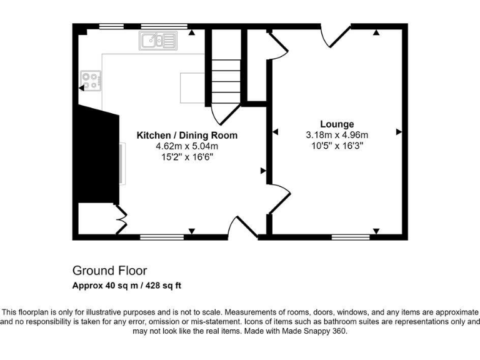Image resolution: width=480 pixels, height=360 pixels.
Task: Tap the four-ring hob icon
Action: tap(90, 80)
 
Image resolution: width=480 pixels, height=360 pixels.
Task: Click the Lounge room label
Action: tap(337, 124)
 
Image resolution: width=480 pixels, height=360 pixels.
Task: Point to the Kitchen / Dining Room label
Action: tap(187, 135)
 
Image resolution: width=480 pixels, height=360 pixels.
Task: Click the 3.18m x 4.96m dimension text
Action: tap(337, 134)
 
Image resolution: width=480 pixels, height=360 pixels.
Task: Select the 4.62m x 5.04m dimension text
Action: tap(187, 146)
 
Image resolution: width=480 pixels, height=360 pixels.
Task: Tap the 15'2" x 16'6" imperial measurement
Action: tap(187, 157)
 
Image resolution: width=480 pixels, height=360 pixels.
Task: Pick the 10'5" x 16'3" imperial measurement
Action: tap(337, 145)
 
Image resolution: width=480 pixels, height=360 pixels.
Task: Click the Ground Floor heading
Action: tap(110, 271)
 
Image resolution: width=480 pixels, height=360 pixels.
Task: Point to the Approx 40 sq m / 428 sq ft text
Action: tap(127, 286)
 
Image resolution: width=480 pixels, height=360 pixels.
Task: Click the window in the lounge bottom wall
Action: tap(349, 237)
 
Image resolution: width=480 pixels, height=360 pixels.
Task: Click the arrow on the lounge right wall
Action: tap(398, 132)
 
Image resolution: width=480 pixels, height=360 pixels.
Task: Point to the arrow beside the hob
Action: tap(81, 89)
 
